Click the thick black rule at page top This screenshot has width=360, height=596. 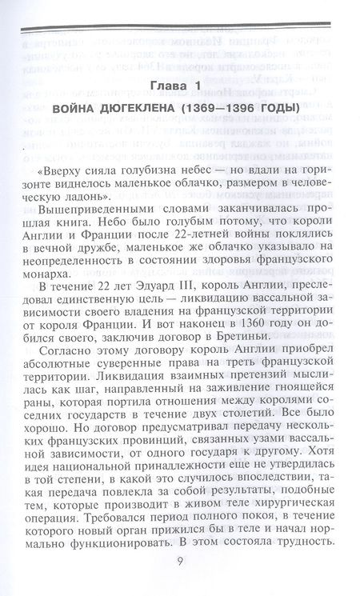pos(180,32)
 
